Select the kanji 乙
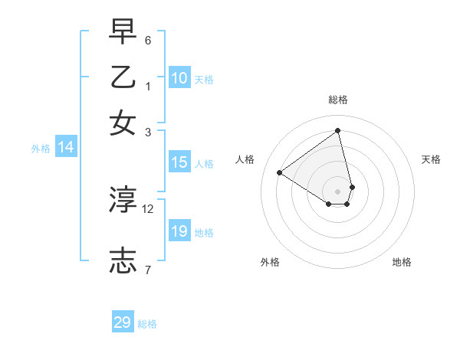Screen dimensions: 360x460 pos(123,77)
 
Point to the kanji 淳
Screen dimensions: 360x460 pos(123,200)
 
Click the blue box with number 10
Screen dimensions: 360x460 pos(179,78)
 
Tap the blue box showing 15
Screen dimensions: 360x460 pos(179,162)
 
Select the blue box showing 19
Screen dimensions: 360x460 pos(179,231)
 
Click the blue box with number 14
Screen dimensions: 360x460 pos(66,148)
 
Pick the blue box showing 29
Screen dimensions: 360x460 pos(123,322)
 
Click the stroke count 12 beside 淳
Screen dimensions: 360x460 pos(148,208)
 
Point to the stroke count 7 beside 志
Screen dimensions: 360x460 pos(148,269)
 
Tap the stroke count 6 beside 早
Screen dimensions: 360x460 pos(148,40)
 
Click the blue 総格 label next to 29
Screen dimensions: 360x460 pos(147,324)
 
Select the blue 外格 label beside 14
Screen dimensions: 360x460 pos(41,149)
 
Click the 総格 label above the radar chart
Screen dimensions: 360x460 pos(338,100)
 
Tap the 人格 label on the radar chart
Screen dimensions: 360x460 pos(245,159)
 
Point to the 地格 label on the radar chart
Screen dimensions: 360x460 pos(402,262)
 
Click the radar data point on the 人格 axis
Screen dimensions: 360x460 pos(279,172)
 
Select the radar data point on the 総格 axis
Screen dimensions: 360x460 pos(338,130)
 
